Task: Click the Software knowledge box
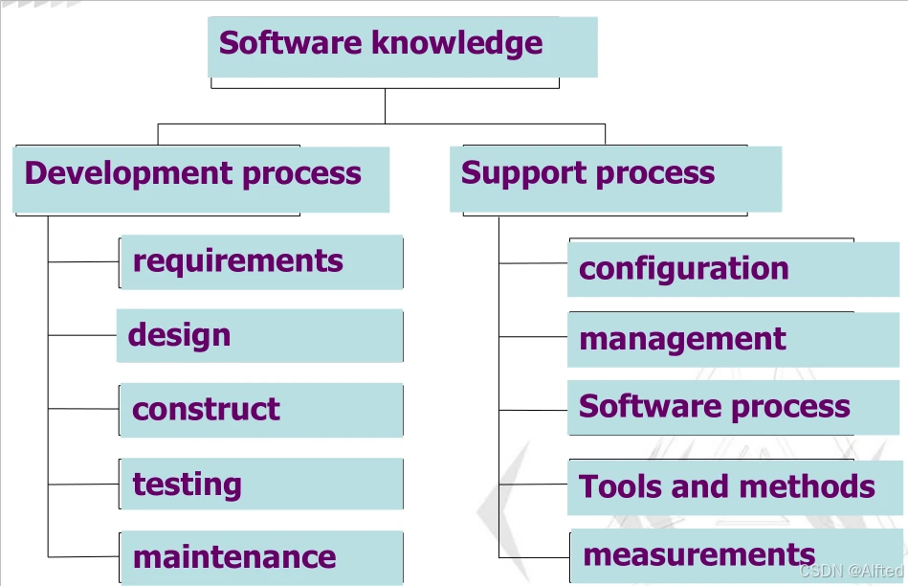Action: [x=402, y=46]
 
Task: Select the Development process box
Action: [x=201, y=178]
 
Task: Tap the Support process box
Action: [x=615, y=178]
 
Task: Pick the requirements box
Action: [x=261, y=261]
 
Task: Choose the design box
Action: [x=259, y=335]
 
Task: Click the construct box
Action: [x=261, y=410]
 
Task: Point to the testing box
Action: [x=261, y=484]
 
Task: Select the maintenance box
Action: [x=261, y=557]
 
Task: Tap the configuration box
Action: [x=735, y=269]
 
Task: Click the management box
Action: [x=735, y=339]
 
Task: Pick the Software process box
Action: [x=735, y=407]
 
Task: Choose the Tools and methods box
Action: [x=735, y=486]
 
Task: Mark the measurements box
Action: [x=735, y=555]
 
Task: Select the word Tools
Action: [x=619, y=486]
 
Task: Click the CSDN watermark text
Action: [x=850, y=571]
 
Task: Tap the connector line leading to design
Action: [x=82, y=335]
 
